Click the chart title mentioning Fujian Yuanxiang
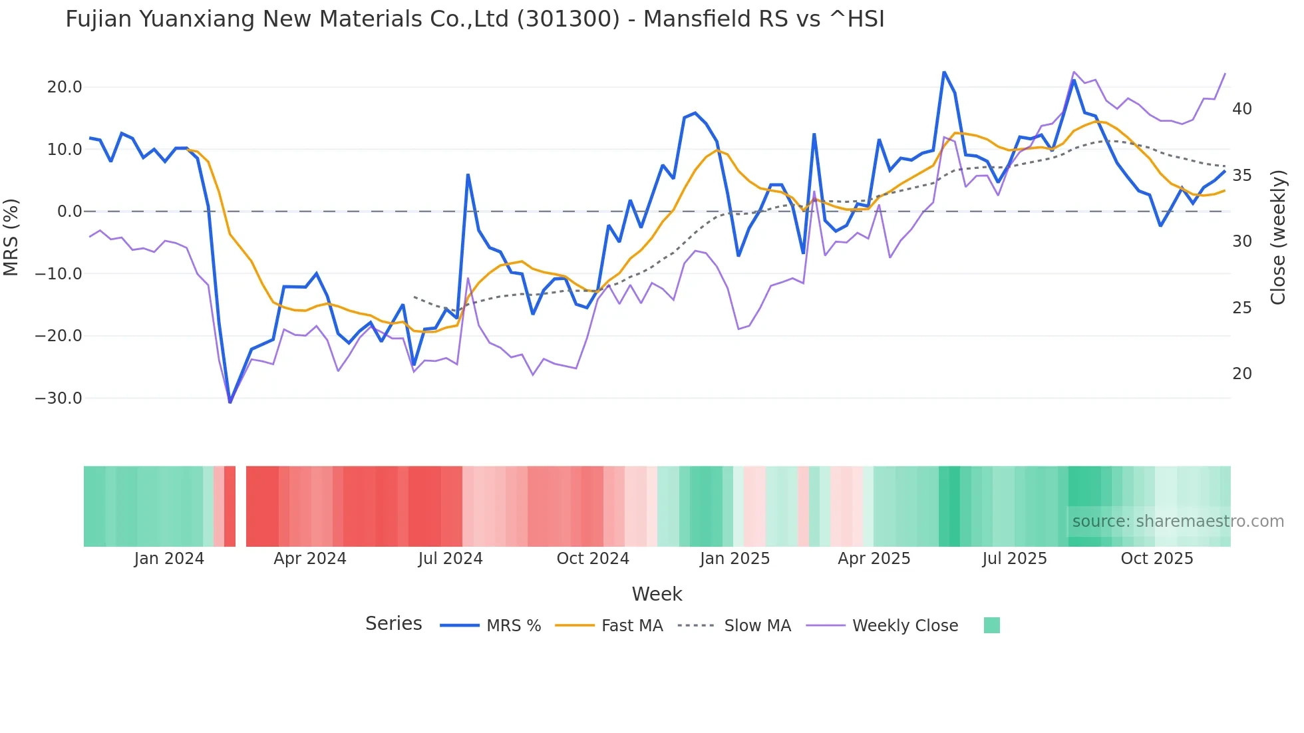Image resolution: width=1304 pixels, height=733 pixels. (475, 19)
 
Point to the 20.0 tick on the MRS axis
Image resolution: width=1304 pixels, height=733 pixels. (65, 87)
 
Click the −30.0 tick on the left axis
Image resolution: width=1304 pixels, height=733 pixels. (59, 398)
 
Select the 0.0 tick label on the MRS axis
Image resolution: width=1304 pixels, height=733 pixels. (69, 212)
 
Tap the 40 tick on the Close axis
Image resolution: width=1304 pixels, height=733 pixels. (1241, 109)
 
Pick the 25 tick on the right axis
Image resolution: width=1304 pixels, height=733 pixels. (1241, 308)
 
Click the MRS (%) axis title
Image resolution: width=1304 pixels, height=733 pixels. (11, 237)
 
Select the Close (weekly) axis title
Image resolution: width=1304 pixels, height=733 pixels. (1277, 237)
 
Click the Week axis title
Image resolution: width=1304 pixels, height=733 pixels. (657, 594)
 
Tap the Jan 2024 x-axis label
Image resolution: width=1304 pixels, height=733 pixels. (169, 559)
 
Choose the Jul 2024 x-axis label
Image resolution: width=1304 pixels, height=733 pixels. (450, 559)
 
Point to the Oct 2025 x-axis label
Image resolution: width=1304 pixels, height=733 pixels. (1157, 559)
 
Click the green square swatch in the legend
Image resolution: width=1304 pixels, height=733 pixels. (991, 625)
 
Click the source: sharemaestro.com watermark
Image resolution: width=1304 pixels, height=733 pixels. (1178, 521)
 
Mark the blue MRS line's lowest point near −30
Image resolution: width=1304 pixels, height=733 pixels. (230, 402)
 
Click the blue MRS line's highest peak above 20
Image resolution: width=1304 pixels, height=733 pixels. (944, 72)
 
